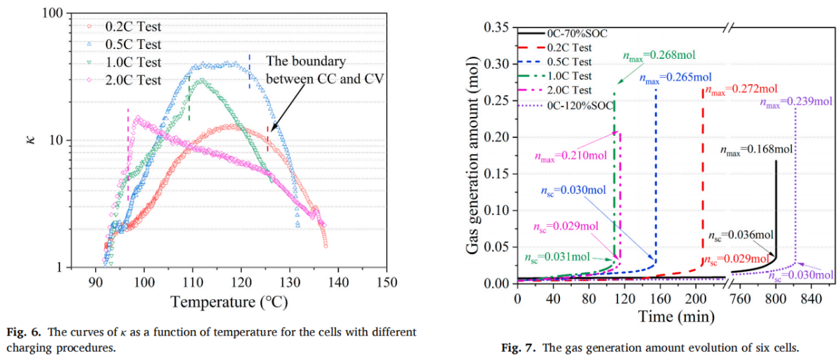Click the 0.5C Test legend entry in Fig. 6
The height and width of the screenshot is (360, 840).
click(x=134, y=45)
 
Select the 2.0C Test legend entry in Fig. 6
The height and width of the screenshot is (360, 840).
click(x=134, y=81)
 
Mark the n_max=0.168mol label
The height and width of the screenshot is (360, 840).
click(x=757, y=149)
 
